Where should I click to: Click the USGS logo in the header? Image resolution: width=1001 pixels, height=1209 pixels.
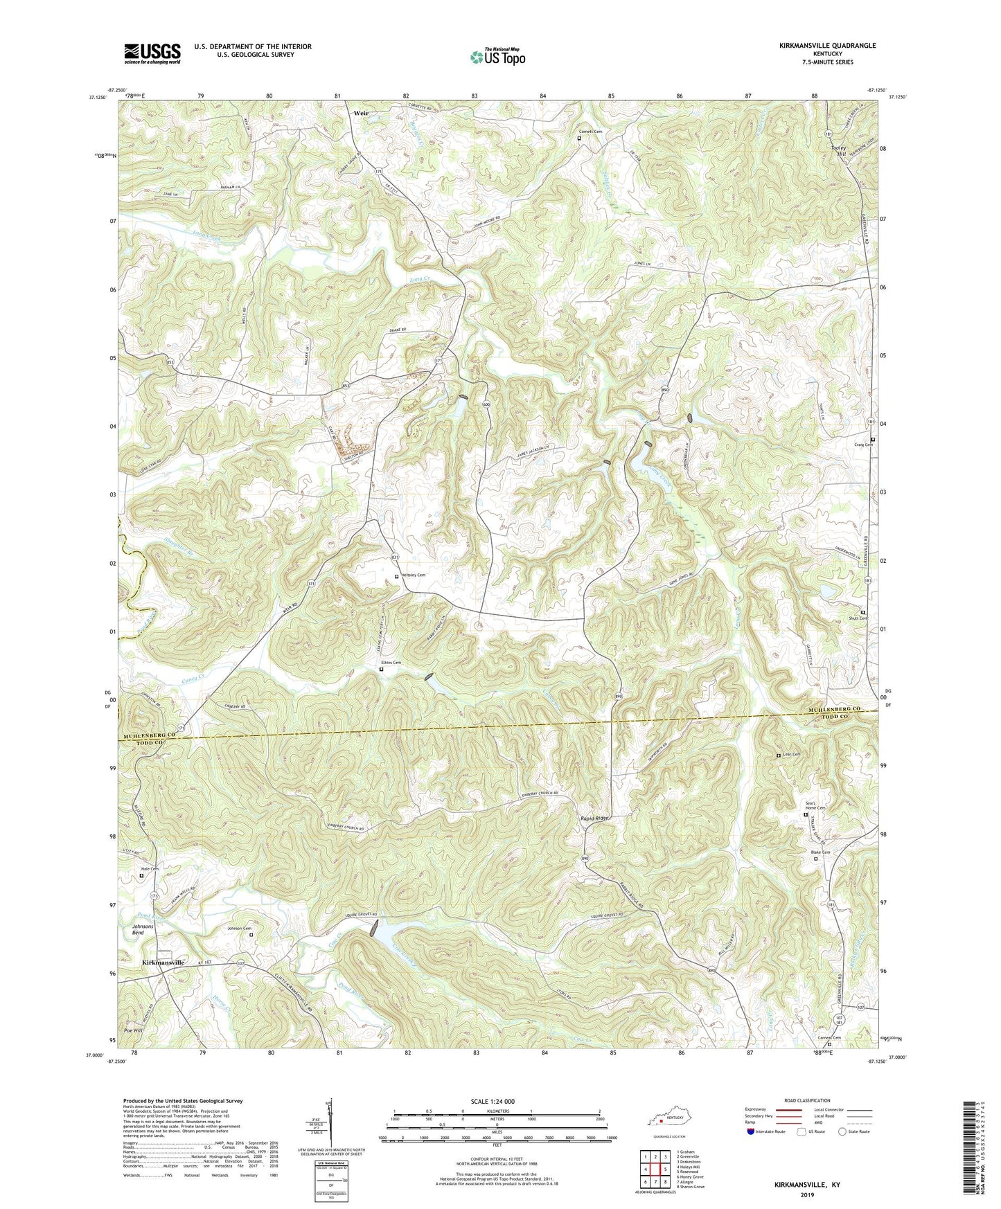pyautogui.click(x=152, y=53)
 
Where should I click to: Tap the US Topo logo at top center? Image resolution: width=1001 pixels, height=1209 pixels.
pyautogui.click(x=497, y=57)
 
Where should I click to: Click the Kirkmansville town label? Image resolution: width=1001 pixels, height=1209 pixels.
pyautogui.click(x=163, y=962)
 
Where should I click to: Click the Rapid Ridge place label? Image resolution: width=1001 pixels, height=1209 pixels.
pyautogui.click(x=594, y=818)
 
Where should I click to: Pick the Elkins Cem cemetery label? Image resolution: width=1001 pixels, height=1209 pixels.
pyautogui.click(x=391, y=663)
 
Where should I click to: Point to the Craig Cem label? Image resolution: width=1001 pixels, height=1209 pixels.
pyautogui.click(x=863, y=445)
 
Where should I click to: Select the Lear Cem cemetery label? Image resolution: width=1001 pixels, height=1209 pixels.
pyautogui.click(x=791, y=755)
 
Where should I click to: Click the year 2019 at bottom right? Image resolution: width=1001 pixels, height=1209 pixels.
pyautogui.click(x=807, y=1194)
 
